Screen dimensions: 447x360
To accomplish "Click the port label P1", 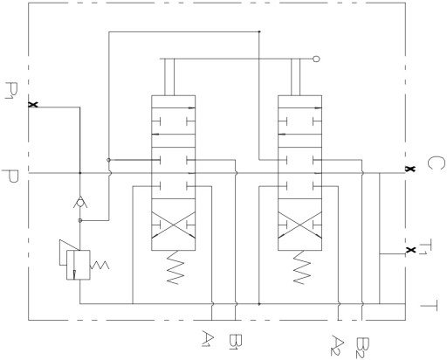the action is tap(12, 91).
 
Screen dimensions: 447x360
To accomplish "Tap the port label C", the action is tap(437, 163).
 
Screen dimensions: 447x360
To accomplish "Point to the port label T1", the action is tap(423, 247).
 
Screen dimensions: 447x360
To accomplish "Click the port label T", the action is tap(429, 305).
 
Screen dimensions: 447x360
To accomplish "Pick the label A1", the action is tap(209, 338).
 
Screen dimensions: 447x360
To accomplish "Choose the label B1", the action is tap(236, 342).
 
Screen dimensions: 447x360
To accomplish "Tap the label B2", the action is tap(362, 348).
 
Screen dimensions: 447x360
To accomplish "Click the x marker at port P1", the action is tap(33, 105).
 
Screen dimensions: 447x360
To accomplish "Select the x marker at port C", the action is tap(410, 169).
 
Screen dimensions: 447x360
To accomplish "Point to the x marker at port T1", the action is tap(410, 250).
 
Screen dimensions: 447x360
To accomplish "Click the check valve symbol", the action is tap(80, 203).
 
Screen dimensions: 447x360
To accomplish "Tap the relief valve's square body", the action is tap(78, 265).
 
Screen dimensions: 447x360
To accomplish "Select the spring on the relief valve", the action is tap(100, 265).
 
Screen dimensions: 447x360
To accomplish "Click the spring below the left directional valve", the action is tap(175, 267).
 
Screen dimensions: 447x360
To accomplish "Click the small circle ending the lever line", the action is tap(316, 59).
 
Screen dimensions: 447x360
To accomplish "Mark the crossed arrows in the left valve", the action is tap(174, 225).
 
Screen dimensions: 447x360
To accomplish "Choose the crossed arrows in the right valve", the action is tap(300, 225).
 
